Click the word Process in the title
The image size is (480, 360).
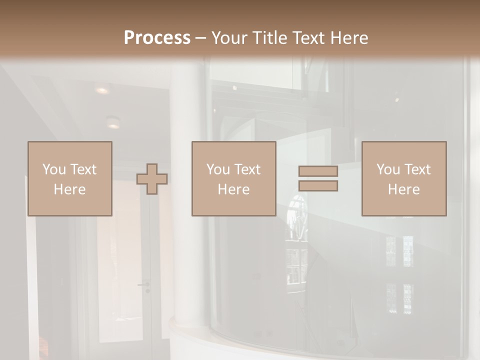[x=157, y=38]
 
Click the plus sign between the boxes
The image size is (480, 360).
[x=152, y=178]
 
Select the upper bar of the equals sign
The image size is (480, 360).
[x=318, y=171]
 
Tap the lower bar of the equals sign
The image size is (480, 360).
[x=318, y=185]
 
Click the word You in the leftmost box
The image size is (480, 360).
[x=54, y=169]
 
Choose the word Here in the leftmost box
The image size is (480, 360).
[x=69, y=189]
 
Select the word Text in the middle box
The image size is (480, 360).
[x=248, y=169]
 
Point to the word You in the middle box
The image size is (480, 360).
[x=218, y=169]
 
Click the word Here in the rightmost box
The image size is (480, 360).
[x=403, y=189]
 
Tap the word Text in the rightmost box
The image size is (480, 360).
[x=418, y=169]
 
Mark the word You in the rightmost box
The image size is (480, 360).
[x=388, y=169]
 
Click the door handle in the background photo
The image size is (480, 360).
[x=144, y=284]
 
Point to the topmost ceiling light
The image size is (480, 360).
[x=102, y=90]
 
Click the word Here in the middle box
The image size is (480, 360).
[x=233, y=189]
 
